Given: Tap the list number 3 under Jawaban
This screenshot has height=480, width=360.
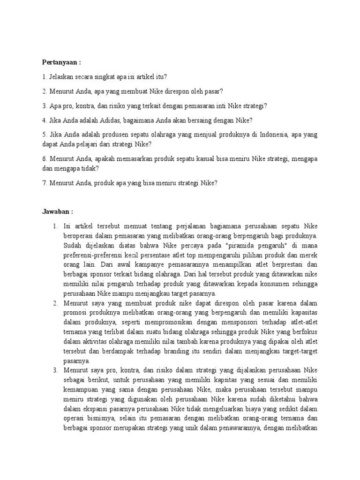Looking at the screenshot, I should [x=55, y=370].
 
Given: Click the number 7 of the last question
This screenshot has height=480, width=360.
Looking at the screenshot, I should [x=44, y=183].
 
